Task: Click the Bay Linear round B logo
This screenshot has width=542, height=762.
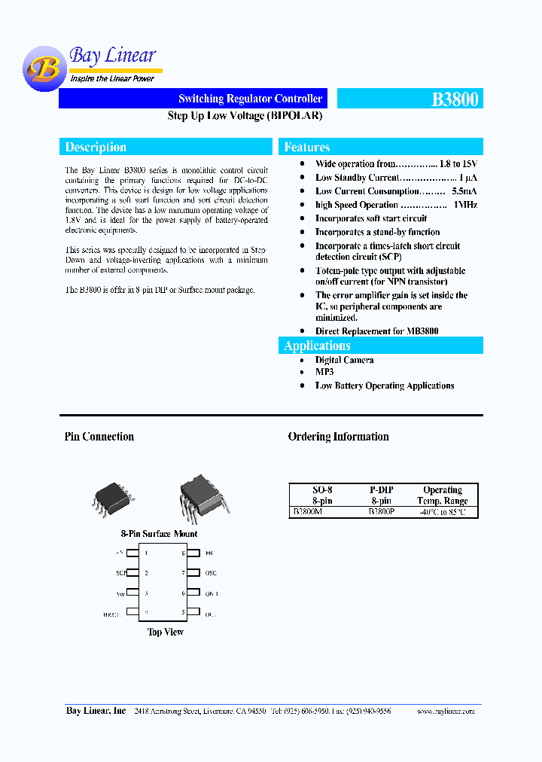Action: pos(43,69)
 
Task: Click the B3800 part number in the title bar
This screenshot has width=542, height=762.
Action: pos(455,99)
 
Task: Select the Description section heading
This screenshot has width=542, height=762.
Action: pos(96,148)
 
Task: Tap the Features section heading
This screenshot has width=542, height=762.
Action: pos(307,148)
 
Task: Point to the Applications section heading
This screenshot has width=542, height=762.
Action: pos(317,346)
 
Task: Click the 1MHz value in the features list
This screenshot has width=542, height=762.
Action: pos(465,205)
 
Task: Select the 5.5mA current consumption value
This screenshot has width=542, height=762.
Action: pos(462,191)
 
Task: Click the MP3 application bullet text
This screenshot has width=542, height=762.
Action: pos(324,372)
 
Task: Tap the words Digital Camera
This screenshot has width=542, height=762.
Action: pos(344,360)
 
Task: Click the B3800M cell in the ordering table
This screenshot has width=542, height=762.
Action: pos(307,512)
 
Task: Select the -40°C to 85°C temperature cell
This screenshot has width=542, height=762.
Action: pos(442,512)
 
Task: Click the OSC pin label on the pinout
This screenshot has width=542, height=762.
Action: pos(211,573)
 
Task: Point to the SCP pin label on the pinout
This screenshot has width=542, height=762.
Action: pos(120,573)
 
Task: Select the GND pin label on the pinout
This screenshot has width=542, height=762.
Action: pos(211,593)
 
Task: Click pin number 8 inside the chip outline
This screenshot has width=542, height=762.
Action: pos(183,553)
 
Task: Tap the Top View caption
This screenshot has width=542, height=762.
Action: pos(166,632)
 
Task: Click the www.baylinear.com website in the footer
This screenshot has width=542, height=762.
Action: pos(445,711)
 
